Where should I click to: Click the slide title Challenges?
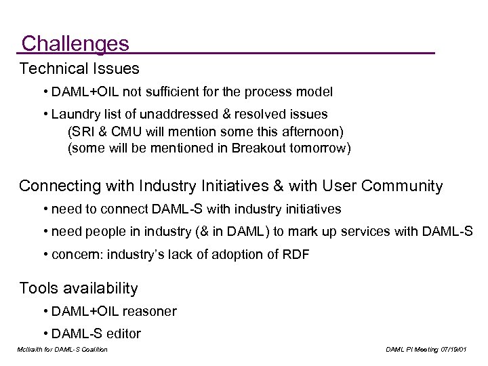[75, 44]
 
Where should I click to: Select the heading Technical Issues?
[79, 68]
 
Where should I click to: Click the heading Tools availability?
[79, 288]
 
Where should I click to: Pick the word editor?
[122, 333]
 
